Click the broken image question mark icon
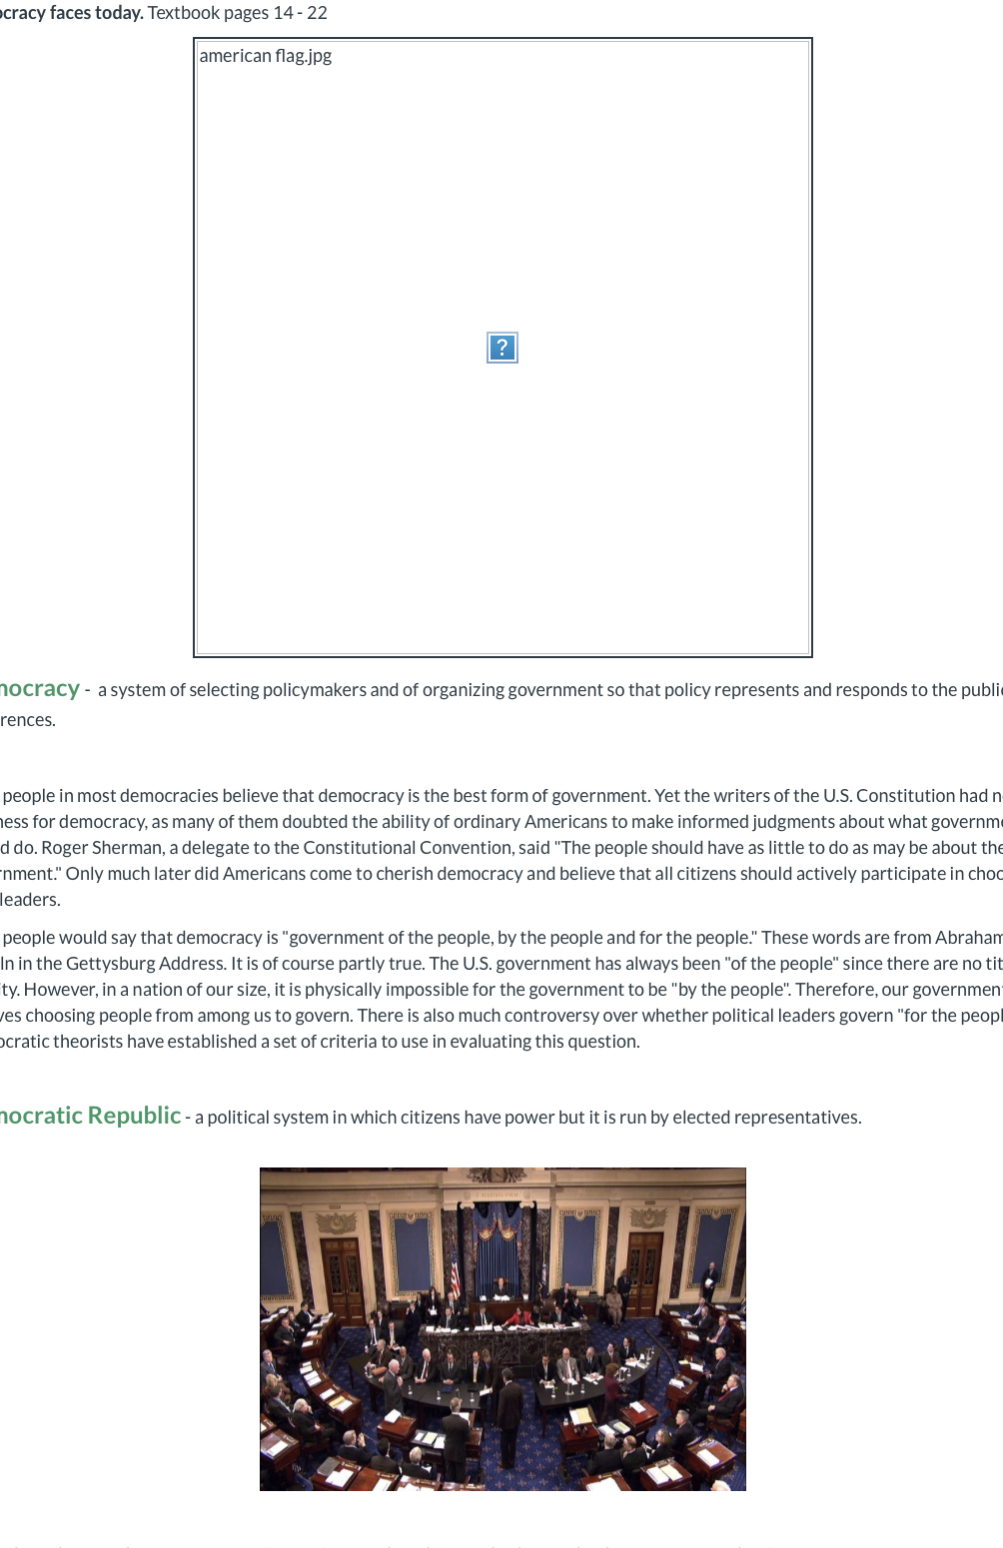501,348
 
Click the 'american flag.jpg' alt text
265,56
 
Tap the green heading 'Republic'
134,1116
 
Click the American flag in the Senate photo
456,1273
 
